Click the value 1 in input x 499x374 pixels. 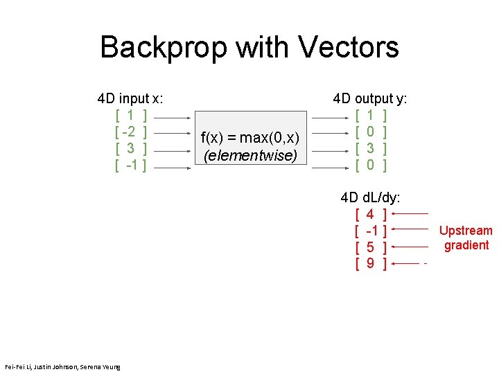(x=130, y=115)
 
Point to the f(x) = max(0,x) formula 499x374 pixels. (x=249, y=139)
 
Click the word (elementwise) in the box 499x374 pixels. (x=249, y=155)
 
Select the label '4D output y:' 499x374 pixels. (x=370, y=99)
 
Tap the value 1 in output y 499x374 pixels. (x=371, y=115)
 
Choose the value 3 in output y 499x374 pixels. (x=371, y=148)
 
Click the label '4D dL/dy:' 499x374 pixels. (x=370, y=198)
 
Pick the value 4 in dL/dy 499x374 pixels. (x=371, y=215)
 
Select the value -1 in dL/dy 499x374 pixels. (x=371, y=231)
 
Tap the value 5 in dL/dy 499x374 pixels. (x=371, y=247)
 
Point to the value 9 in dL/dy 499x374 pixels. (x=371, y=263)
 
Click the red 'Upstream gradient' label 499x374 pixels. (x=466, y=238)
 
